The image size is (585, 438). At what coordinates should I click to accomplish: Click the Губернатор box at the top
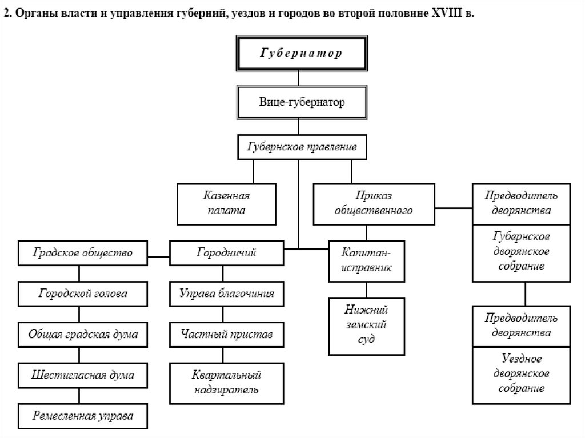[301, 53]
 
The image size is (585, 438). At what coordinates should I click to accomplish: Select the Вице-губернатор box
[301, 103]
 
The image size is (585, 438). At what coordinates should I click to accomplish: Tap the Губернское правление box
[301, 147]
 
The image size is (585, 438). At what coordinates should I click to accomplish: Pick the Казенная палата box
[227, 203]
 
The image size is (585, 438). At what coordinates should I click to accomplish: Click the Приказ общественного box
[374, 203]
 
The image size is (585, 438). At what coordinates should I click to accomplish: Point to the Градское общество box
[83, 252]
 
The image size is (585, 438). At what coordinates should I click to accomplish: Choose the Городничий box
[226, 252]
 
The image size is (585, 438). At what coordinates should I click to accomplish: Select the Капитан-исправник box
[366, 260]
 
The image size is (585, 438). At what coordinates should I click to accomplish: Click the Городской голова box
[83, 294]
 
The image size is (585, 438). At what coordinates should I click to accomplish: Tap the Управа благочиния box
[226, 294]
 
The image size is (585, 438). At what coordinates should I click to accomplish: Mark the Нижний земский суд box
[366, 325]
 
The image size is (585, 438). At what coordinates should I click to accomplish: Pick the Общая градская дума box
[83, 335]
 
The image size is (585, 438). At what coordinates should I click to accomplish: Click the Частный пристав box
[226, 333]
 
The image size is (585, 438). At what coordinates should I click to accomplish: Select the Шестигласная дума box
[83, 375]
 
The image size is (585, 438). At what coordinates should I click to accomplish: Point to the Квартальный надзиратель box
[226, 383]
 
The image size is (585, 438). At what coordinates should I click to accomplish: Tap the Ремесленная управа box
[83, 416]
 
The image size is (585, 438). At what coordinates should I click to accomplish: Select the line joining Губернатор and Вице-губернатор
[299, 79]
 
